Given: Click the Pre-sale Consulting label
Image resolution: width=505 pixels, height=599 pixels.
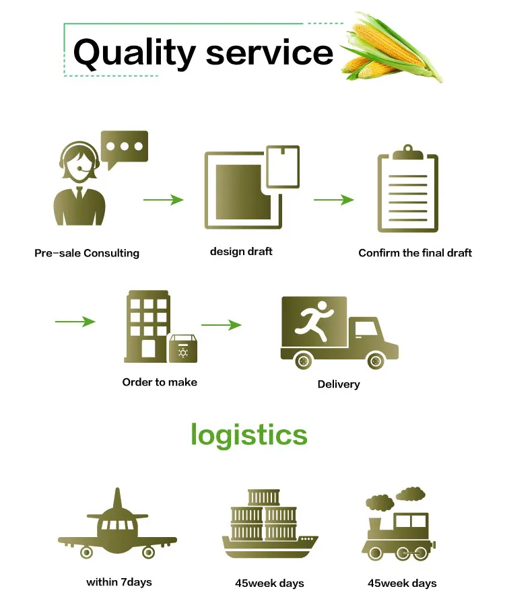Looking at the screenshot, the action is point(87,254).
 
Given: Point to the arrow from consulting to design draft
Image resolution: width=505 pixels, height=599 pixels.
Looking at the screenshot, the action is point(163,200).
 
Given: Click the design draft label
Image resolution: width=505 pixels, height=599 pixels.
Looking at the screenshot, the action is point(241,251).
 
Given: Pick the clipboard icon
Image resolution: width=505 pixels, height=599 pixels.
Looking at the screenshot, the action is point(408,192).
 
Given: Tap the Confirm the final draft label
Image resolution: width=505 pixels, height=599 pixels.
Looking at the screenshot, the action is point(415,253).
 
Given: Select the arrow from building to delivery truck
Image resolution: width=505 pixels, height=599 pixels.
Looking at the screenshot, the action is point(221,325).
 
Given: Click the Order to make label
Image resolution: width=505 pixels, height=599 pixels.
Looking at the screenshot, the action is point(160,382).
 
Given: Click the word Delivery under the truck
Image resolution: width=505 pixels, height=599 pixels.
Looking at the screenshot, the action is point(339,384).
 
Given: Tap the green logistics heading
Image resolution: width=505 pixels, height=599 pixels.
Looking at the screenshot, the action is point(249,434).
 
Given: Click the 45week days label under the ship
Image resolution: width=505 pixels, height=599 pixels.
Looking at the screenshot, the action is point(269,583).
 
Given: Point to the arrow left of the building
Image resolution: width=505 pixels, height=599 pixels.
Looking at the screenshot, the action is point(75,322).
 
